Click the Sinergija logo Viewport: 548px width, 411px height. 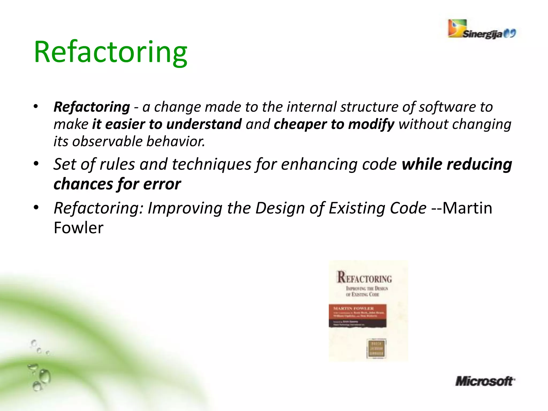[481, 29]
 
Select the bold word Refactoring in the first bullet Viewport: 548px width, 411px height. [92, 107]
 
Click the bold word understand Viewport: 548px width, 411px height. [204, 124]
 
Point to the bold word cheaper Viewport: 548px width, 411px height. [300, 124]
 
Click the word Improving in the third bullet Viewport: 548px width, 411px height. [185, 208]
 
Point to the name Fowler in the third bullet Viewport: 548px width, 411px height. [78, 228]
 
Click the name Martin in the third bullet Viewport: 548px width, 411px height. [467, 208]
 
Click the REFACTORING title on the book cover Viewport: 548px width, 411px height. [364, 277]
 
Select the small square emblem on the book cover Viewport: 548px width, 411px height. [376, 348]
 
